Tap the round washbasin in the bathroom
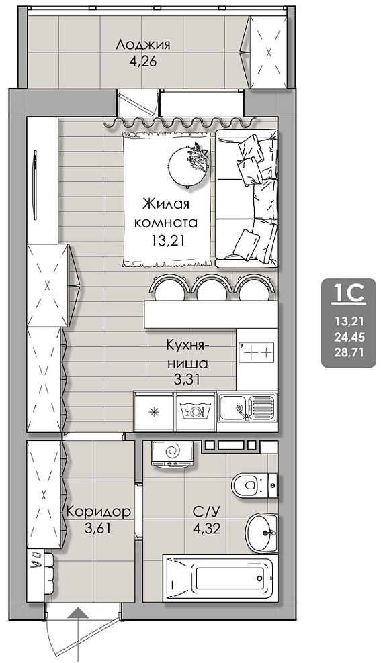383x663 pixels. [261, 533]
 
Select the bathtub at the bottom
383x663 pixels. [221, 577]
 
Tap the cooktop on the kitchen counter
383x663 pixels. [257, 352]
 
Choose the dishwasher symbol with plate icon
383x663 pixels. [196, 410]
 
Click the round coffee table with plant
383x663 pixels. [189, 165]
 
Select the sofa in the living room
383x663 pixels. [247, 199]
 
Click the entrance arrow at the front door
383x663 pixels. [79, 634]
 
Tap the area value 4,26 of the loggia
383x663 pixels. [143, 62]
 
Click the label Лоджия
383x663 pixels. [143, 45]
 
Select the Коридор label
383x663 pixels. [98, 513]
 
